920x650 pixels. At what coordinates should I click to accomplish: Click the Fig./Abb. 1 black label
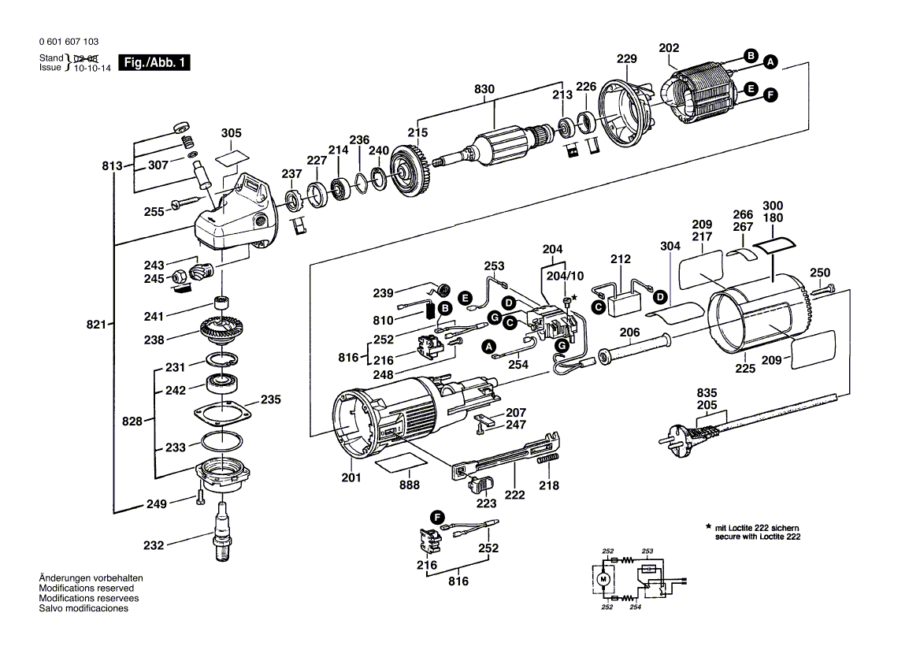(x=154, y=63)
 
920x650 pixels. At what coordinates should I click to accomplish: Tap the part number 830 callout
(x=484, y=90)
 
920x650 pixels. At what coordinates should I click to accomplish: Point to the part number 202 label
(x=668, y=48)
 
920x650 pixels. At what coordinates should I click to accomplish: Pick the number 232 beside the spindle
(x=154, y=545)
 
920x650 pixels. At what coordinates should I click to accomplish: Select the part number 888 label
(x=410, y=485)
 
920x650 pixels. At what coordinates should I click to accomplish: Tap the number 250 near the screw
(x=820, y=273)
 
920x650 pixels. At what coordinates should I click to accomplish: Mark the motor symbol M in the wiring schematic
(x=604, y=580)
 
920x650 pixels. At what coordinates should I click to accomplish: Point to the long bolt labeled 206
(x=635, y=349)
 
